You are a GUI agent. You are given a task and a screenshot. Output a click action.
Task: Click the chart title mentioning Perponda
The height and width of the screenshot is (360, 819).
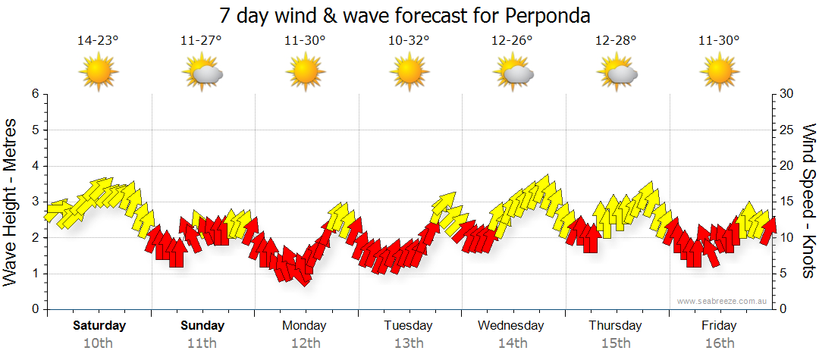pos(404,15)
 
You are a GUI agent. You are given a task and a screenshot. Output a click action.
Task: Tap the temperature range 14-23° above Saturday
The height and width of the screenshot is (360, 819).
pos(98,41)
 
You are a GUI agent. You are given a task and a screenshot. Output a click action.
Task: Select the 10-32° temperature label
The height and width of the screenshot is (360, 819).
pos(409,41)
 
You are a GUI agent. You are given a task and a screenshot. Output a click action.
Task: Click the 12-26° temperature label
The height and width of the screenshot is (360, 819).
pos(512,41)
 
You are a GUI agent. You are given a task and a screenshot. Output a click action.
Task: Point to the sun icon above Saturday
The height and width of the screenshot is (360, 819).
pos(99,73)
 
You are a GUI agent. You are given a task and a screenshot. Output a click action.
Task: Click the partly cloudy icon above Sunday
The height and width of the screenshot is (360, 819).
pos(202,73)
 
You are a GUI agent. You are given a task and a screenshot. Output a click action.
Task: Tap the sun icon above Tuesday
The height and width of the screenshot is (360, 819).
pos(409,73)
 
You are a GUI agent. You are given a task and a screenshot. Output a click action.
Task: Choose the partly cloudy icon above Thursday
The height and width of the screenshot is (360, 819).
pos(617,73)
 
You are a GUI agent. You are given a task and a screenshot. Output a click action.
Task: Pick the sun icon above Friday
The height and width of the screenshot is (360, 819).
pos(719,73)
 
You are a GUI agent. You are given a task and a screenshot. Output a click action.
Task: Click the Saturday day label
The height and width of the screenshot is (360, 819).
pos(99,326)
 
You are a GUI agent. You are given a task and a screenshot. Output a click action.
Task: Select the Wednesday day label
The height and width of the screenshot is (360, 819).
pos(511,326)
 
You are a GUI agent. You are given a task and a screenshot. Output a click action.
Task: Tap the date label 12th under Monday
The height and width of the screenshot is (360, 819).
pos(305,343)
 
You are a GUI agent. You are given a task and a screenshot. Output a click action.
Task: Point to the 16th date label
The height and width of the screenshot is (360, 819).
pos(720,343)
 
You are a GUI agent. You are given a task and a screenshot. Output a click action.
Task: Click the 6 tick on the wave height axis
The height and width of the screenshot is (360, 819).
pos(34,94)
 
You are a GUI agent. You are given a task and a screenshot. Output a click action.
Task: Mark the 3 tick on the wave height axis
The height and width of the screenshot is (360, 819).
pos(34,202)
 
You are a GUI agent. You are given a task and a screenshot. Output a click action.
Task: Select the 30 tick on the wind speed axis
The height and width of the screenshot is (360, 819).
pos(786,94)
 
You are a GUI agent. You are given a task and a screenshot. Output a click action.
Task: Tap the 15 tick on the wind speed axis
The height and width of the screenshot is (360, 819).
pos(786,202)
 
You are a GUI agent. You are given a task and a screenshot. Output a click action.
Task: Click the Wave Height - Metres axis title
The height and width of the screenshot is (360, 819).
pos(11,202)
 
